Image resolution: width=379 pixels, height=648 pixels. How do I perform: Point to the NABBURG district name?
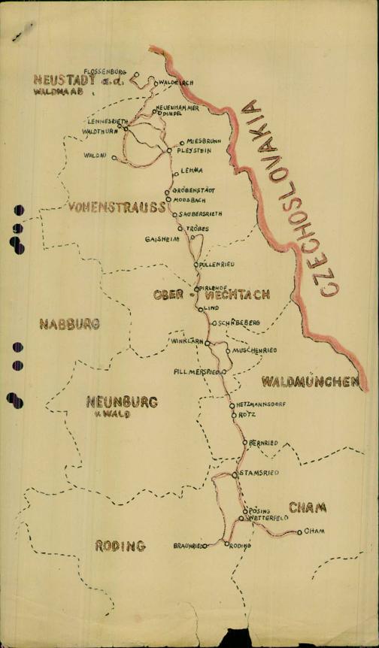(70, 324)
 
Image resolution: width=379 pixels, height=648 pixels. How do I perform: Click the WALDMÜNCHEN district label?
(310, 382)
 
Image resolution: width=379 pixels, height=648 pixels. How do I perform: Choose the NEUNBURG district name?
(122, 402)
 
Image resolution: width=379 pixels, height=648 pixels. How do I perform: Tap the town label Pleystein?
(193, 150)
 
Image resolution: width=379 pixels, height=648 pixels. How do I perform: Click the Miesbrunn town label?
(199, 141)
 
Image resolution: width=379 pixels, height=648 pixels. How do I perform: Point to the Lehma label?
(192, 171)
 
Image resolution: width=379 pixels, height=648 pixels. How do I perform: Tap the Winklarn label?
(187, 341)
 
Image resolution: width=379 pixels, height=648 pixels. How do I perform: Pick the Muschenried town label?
(254, 350)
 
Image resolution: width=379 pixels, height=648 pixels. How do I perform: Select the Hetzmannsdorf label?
(260, 404)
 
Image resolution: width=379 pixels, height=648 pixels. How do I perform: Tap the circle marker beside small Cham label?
(299, 532)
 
